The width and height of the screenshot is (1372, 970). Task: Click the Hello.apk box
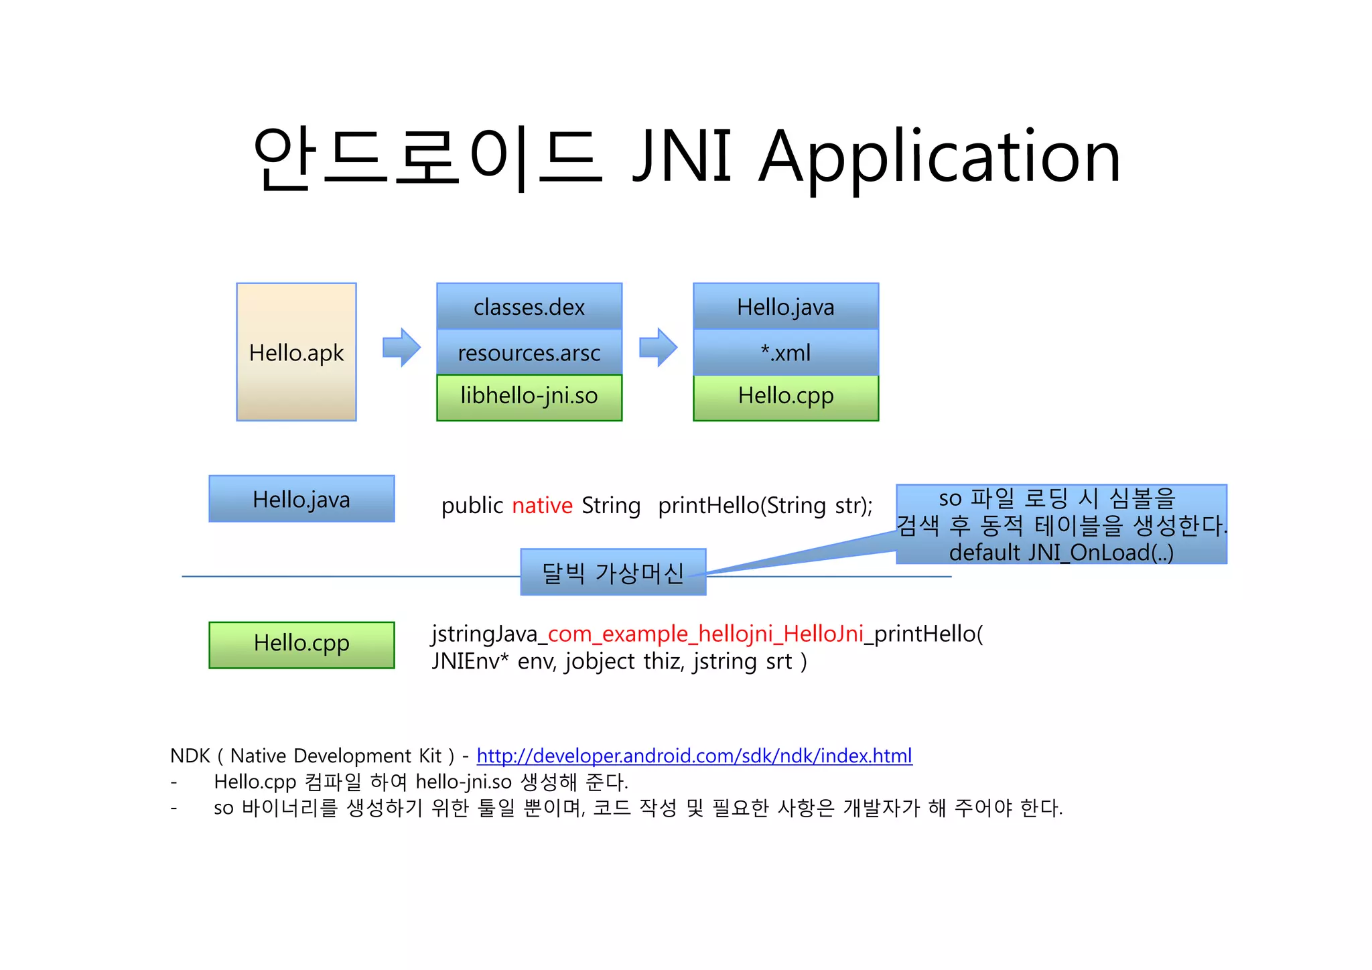click(x=296, y=352)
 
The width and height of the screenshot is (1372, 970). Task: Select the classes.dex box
click(x=529, y=307)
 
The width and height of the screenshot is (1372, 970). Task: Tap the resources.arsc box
click(x=529, y=352)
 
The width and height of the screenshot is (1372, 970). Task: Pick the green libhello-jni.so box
click(x=529, y=397)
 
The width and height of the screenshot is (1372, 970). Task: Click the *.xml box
click(x=785, y=352)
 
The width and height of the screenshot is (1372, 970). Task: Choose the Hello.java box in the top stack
click(x=785, y=307)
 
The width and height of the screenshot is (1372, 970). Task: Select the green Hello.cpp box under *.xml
click(x=785, y=397)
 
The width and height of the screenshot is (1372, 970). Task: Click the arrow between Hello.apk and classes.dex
click(x=401, y=347)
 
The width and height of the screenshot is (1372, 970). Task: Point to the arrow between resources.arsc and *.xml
click(x=658, y=347)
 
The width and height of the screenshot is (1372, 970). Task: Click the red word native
click(x=542, y=505)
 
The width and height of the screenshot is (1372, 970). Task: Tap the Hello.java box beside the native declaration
click(x=301, y=499)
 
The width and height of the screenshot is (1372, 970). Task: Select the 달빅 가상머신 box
click(x=613, y=573)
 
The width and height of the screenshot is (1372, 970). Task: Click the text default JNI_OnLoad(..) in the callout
click(x=1061, y=552)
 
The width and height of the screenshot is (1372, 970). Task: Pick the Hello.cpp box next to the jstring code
click(x=301, y=644)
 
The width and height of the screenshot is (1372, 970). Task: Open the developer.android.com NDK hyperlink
click(x=694, y=756)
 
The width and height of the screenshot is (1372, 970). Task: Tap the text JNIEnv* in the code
click(x=470, y=662)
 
